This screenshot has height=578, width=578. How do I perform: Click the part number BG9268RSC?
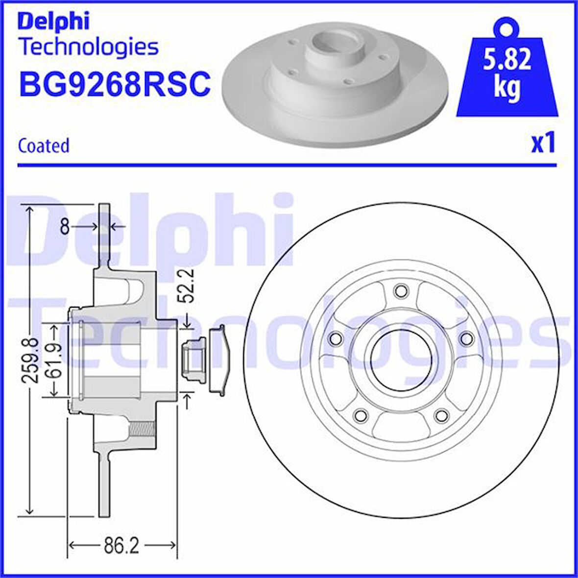coord(115,83)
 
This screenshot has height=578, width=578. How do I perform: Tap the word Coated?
coord(44,145)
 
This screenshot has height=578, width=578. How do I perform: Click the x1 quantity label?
coord(543,143)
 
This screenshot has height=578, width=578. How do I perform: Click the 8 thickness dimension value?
coord(64,226)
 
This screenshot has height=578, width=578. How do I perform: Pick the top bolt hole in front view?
coord(401,290)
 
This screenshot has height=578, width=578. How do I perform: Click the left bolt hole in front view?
coord(336,338)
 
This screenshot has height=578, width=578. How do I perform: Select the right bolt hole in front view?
coord(467,338)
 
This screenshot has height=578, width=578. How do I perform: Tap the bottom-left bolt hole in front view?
coord(361,416)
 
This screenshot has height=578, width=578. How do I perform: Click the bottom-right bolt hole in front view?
coord(442,416)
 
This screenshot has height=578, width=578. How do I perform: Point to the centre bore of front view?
coord(401,360)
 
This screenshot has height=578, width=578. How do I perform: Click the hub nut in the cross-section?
coord(193,360)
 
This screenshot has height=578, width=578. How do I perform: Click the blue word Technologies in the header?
coord(88,47)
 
